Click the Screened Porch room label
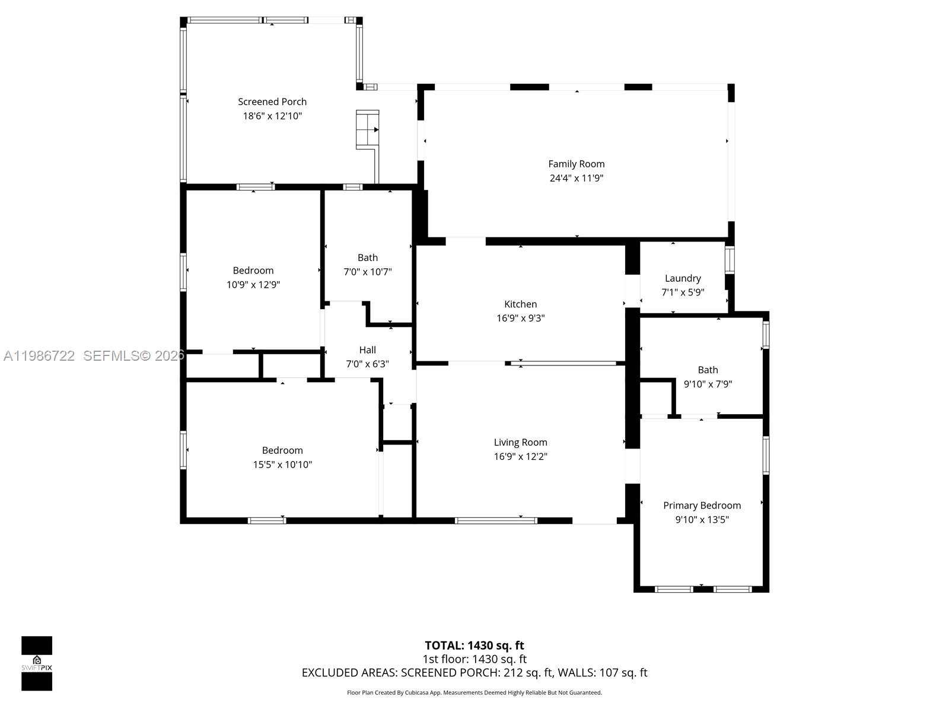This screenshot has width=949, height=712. pyautogui.click(x=272, y=101)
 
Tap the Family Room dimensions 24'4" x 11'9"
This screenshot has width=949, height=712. pyautogui.click(x=576, y=178)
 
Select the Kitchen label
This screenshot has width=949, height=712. pyautogui.click(x=520, y=304)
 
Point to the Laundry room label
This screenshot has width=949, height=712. pyautogui.click(x=683, y=278)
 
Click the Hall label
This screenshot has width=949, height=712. pyautogui.click(x=367, y=349)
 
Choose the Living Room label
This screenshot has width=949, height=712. pyautogui.click(x=520, y=442)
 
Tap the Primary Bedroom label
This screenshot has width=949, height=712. pyautogui.click(x=702, y=505)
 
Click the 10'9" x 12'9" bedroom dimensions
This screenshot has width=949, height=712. pyautogui.click(x=253, y=285)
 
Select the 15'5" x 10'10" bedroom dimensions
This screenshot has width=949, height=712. pyautogui.click(x=282, y=465)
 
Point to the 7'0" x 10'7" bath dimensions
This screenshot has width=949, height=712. pyautogui.click(x=368, y=272)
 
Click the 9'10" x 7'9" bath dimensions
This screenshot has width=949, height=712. pyautogui.click(x=708, y=384)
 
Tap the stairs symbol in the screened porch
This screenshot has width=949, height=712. pyautogui.click(x=367, y=129)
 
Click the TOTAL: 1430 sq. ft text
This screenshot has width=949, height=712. pyautogui.click(x=474, y=645)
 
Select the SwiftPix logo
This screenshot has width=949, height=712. pyautogui.click(x=37, y=663)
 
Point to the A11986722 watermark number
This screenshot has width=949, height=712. pyautogui.click(x=39, y=356)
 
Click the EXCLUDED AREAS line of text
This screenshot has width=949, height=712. pyautogui.click(x=474, y=672)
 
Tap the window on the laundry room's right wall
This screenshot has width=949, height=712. pyautogui.click(x=730, y=260)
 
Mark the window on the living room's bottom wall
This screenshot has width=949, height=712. pyautogui.click(x=496, y=521)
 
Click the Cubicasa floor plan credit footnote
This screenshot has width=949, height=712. pyautogui.click(x=474, y=692)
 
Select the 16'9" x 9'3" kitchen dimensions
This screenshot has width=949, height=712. pyautogui.click(x=520, y=318)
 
